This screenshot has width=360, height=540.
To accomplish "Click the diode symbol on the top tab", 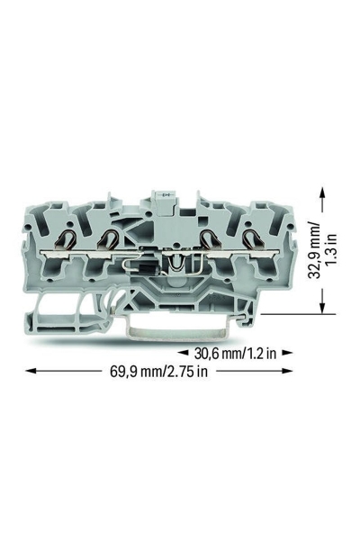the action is (x=167, y=195).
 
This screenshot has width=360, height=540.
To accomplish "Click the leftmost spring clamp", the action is (x=67, y=239).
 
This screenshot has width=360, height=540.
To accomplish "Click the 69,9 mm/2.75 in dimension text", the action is (x=158, y=371).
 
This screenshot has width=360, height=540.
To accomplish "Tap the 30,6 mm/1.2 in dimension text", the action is (x=235, y=353).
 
